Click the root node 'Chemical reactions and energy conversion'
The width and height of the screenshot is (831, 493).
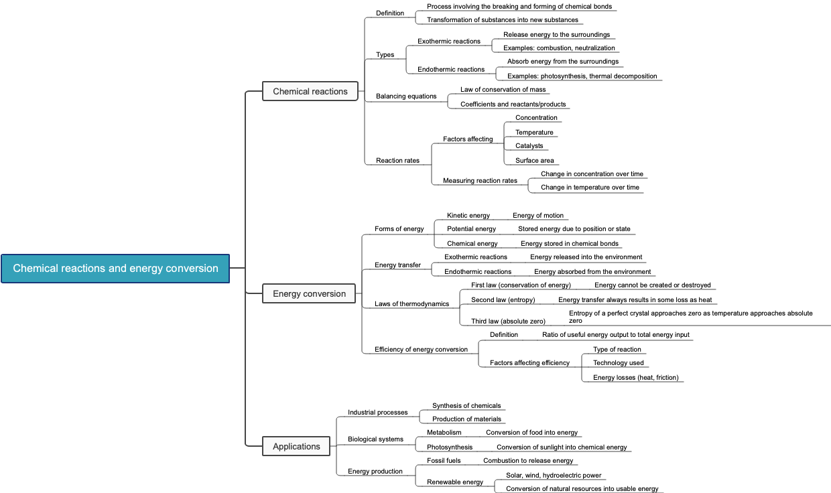[115, 269]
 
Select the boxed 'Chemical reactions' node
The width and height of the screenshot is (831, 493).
[310, 91]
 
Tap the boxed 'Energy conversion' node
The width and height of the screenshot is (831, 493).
[310, 293]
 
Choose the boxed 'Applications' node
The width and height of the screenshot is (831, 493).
[296, 446]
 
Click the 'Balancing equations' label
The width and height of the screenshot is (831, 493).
[406, 96]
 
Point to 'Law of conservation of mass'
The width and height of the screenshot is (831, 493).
[503, 90]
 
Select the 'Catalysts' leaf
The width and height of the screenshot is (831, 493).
[529, 146]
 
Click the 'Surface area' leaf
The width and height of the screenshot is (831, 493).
[534, 161]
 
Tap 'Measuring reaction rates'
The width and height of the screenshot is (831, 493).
[480, 181]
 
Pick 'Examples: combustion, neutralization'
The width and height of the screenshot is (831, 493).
[559, 48]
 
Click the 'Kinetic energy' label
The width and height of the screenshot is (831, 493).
[468, 216]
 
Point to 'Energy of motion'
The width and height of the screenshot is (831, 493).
[538, 216]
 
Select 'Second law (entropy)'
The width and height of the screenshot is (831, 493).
[503, 300]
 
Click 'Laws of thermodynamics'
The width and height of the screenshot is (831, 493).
[411, 304]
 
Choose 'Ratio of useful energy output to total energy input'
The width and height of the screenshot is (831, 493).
[615, 335]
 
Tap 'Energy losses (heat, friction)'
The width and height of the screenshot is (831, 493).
[635, 378]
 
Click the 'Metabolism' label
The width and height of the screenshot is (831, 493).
[444, 433]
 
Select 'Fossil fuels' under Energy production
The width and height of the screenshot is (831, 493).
[444, 461]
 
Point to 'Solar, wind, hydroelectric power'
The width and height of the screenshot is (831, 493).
[554, 476]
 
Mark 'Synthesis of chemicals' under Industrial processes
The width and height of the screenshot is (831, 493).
[466, 406]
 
